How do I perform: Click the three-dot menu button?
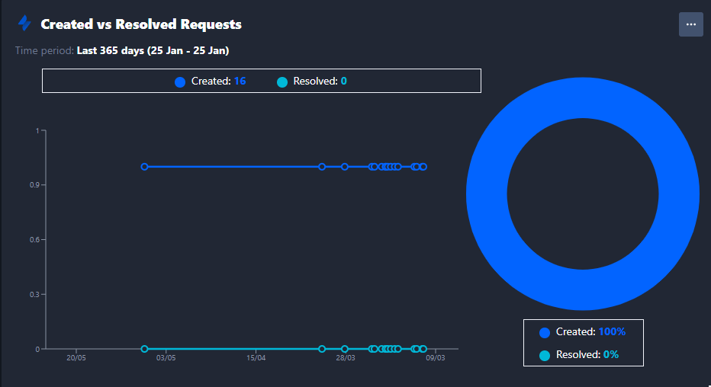690,24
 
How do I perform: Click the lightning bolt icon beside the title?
24,24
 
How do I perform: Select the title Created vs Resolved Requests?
141,24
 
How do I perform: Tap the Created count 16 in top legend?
240,81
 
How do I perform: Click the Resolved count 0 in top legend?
344,81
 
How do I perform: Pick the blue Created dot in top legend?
180,82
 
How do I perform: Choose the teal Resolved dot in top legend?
282,82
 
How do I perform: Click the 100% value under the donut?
612,331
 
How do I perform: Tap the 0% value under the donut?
610,354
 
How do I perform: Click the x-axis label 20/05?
76,358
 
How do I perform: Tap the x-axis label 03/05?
166,358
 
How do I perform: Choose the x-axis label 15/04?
256,358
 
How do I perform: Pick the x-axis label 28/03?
346,358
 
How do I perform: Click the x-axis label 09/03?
436,358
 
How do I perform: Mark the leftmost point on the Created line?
144,166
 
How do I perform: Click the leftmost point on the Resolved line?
144,349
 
